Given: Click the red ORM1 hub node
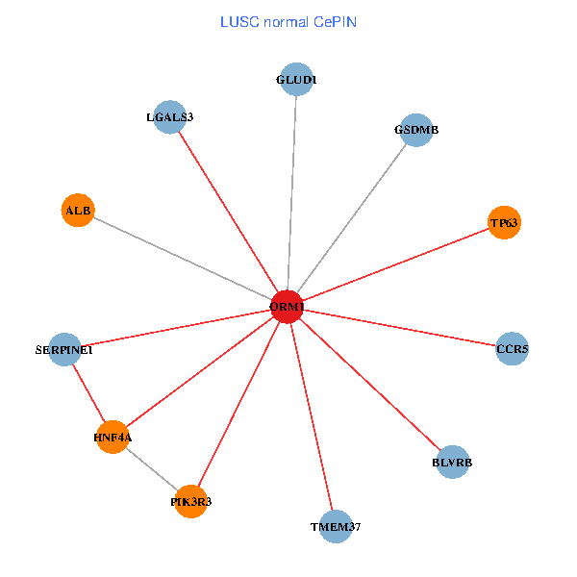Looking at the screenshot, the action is [288, 307].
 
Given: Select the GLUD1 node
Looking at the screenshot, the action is [295, 80].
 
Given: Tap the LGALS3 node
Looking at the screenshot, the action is [169, 117].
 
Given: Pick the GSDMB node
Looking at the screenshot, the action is [415, 130].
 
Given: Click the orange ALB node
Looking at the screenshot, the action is [77, 211].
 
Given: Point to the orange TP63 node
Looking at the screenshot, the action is [504, 223].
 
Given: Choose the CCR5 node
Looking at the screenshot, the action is [512, 348].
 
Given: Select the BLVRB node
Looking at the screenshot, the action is [452, 463].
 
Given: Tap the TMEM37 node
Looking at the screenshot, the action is [335, 526].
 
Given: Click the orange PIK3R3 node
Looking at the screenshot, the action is [191, 501].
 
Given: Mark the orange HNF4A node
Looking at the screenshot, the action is [113, 438].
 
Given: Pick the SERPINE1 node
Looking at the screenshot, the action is [63, 350].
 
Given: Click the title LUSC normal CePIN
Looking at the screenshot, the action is [288, 22].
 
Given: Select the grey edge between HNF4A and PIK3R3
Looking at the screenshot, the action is [152, 469].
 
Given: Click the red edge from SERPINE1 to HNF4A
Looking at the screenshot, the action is [88, 394].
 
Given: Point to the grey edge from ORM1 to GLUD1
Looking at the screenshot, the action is [291, 192].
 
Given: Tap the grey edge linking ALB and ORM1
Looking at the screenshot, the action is [183, 259].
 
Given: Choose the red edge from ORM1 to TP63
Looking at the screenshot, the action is [395, 265].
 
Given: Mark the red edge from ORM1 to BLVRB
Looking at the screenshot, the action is [370, 385].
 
